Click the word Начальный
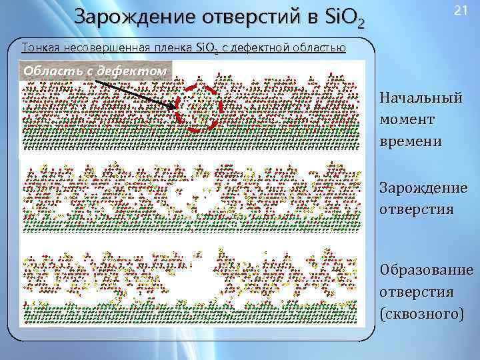(421, 99)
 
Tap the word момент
(407, 120)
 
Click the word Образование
(427, 271)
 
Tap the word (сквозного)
(421, 313)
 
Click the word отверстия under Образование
(417, 292)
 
